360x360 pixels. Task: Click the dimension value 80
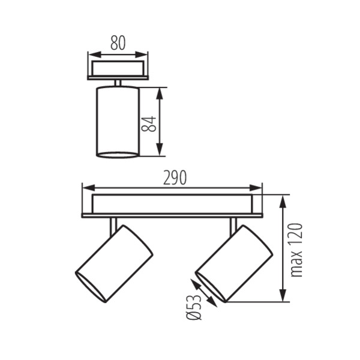tap(118, 43)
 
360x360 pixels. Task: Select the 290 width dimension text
tap(174, 178)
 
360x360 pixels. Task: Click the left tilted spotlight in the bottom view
tap(114, 263)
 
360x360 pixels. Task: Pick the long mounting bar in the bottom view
tap(172, 205)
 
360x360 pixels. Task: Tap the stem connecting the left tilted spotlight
tap(112, 226)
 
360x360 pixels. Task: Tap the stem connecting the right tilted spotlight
tap(233, 226)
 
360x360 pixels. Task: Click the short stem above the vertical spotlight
tap(118, 83)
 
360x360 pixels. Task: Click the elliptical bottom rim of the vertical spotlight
tap(118, 155)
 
